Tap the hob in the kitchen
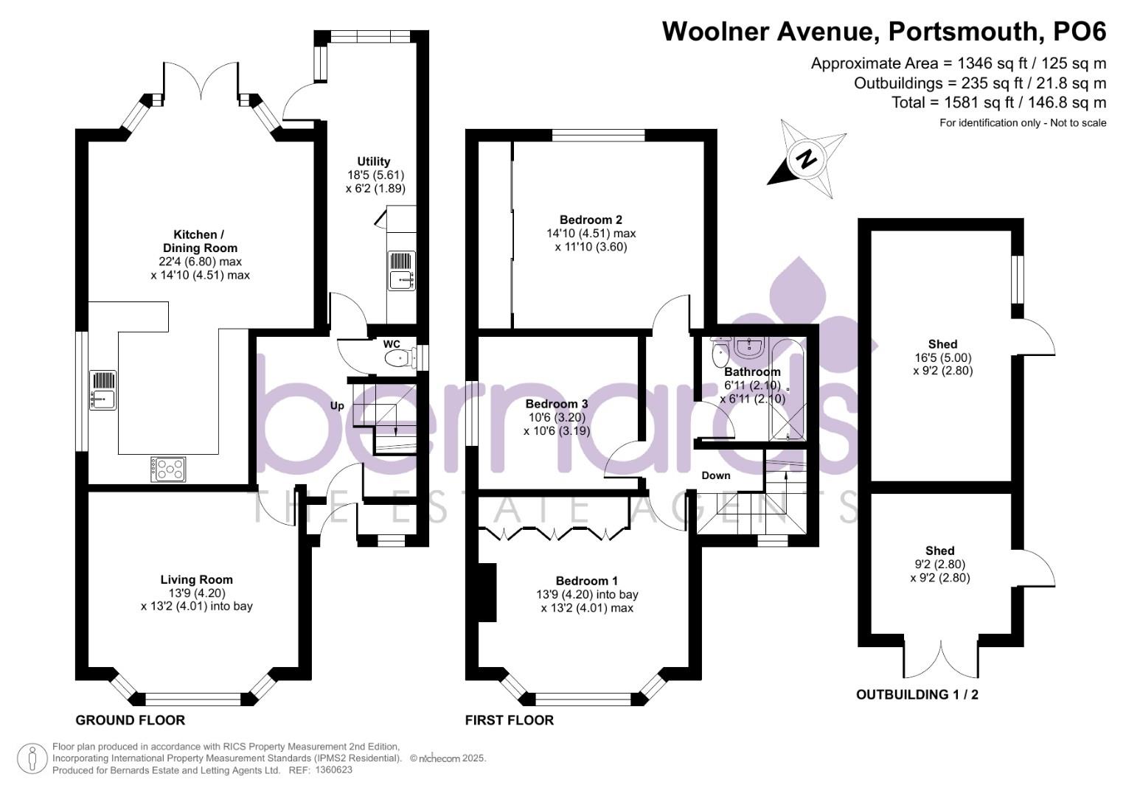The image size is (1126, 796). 168,469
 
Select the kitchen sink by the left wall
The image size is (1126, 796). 103,390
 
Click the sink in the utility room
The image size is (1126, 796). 402,270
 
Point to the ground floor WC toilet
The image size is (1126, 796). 400,358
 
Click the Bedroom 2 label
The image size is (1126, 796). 591,220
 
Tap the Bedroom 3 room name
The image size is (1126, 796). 557,404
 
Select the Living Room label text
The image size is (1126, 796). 197,579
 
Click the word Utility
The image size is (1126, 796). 374,161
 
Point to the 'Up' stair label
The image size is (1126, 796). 337,405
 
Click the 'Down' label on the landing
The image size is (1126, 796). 716,475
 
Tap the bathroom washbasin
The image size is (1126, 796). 750,348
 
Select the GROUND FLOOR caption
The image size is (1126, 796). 131,720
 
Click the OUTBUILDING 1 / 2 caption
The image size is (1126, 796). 917,694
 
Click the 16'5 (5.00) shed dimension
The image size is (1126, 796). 942,357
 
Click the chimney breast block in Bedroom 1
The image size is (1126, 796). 487,593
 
